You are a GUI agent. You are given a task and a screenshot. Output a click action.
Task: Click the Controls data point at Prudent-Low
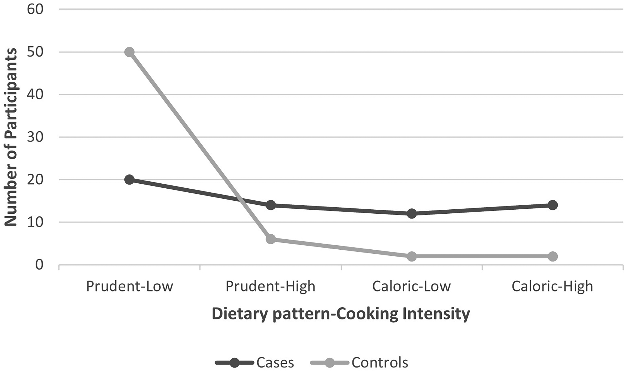click(129, 52)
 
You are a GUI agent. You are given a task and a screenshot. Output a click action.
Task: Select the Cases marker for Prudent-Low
click(129, 179)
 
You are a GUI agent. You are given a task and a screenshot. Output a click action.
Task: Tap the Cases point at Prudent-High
click(271, 205)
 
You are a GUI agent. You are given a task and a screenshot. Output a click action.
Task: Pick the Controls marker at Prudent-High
click(271, 239)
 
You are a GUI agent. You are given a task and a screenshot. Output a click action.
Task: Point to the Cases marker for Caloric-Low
click(412, 214)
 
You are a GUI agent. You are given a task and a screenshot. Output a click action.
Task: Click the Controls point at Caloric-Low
click(412, 256)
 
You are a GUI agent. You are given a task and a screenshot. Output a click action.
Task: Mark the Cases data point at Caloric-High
click(553, 205)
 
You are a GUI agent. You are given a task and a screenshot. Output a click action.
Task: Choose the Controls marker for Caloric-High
click(553, 256)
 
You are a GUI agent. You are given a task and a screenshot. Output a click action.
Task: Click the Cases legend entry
click(255, 362)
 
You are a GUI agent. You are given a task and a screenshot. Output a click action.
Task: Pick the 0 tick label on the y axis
click(39, 265)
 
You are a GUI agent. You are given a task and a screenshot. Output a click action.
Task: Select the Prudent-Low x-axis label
click(130, 286)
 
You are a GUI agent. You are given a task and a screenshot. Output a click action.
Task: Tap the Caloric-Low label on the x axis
click(412, 286)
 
